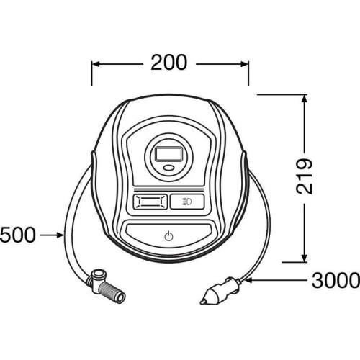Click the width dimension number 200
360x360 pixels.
pyautogui.click(x=169, y=63)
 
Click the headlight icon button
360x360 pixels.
pyautogui.click(x=187, y=201)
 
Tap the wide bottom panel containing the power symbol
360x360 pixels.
pyautogui.click(x=168, y=235)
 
